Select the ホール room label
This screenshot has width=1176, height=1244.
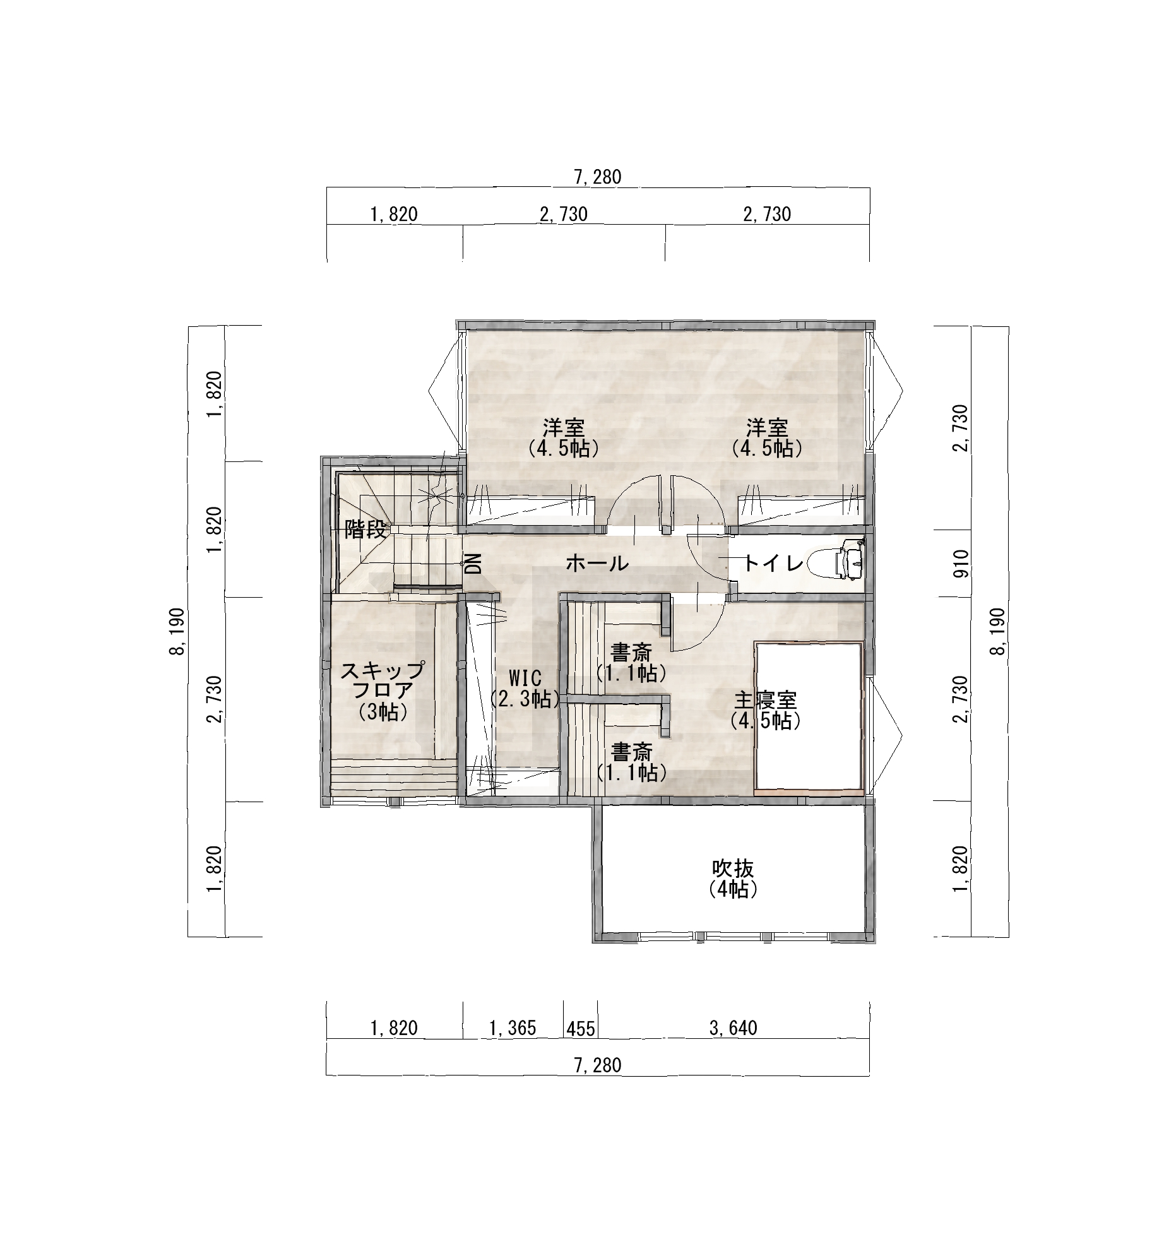tap(597, 563)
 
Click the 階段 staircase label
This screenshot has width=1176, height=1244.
tap(365, 530)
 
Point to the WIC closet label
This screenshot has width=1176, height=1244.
tap(525, 678)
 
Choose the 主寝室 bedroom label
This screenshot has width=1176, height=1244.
tap(766, 700)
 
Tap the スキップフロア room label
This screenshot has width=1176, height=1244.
tap(382, 680)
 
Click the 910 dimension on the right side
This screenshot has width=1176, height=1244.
tap(961, 564)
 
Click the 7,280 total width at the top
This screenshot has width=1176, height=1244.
tap(598, 177)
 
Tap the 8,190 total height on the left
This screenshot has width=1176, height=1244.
tap(177, 632)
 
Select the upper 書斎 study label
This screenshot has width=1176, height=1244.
tap(631, 652)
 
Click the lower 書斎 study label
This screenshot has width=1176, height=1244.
tap(631, 752)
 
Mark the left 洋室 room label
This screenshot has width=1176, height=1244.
tap(564, 428)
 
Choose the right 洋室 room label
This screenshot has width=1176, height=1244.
tap(767, 428)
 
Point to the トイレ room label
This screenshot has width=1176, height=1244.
tap(774, 563)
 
